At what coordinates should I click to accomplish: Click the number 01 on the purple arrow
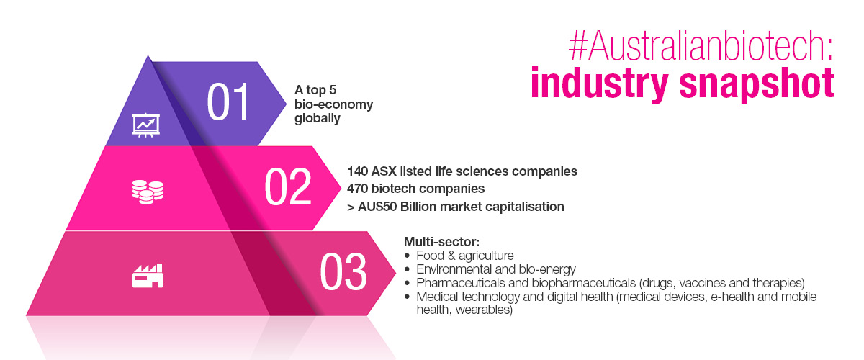pyautogui.click(x=228, y=102)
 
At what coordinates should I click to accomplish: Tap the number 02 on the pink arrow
pyautogui.click(x=288, y=186)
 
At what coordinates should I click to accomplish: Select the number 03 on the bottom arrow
pyautogui.click(x=343, y=271)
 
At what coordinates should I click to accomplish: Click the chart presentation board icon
pyautogui.click(x=146, y=125)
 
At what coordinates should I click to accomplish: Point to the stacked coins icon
pyautogui.click(x=148, y=192)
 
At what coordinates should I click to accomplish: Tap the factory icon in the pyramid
pyautogui.click(x=148, y=276)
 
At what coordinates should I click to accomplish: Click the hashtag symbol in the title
pyautogui.click(x=577, y=46)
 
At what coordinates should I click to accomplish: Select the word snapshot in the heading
pyautogui.click(x=757, y=84)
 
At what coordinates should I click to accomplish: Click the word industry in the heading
pyautogui.click(x=600, y=84)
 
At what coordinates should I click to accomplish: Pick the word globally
pyautogui.click(x=317, y=119)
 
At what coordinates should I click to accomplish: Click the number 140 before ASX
pyautogui.click(x=357, y=171)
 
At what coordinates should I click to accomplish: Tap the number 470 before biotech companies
pyautogui.click(x=357, y=189)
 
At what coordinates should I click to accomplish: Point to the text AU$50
pyautogui.click(x=377, y=207)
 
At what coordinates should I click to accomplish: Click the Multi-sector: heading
pyautogui.click(x=441, y=242)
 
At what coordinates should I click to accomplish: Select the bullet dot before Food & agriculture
pyautogui.click(x=407, y=256)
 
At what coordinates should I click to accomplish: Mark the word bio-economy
pyautogui.click(x=333, y=104)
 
